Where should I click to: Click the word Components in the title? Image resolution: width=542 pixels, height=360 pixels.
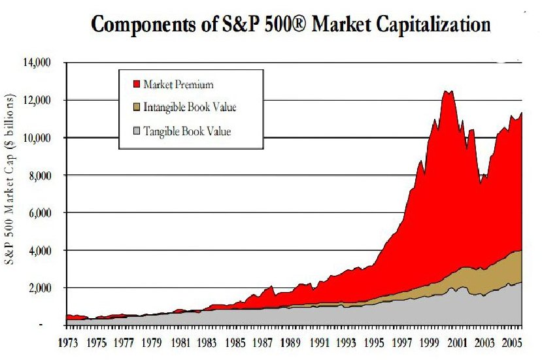144,25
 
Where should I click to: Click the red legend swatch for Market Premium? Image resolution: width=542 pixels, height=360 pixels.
137,84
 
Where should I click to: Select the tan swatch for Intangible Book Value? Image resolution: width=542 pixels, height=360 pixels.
137,106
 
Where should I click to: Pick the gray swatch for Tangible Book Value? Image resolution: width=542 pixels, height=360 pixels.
137,131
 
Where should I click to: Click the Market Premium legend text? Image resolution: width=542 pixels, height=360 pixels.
178,84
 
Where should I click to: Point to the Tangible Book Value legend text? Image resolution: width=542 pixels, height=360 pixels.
187,131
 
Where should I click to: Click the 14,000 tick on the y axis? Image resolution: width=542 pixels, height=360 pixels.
37,63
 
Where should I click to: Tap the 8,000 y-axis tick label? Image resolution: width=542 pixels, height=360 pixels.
39,176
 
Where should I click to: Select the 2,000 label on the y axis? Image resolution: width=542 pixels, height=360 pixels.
39,287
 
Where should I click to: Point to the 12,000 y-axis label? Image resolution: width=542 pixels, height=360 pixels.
37,101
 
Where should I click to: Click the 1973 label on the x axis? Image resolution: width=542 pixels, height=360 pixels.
68,342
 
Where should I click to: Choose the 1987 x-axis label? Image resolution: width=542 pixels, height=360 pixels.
262,342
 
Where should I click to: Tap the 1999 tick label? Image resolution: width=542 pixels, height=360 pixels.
430,342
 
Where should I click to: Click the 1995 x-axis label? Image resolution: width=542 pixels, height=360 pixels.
374,342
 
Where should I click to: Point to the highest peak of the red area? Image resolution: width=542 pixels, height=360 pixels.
445,91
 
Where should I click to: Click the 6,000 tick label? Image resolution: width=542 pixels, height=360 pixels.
39,213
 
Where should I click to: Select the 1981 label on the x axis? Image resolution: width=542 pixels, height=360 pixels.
180,342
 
